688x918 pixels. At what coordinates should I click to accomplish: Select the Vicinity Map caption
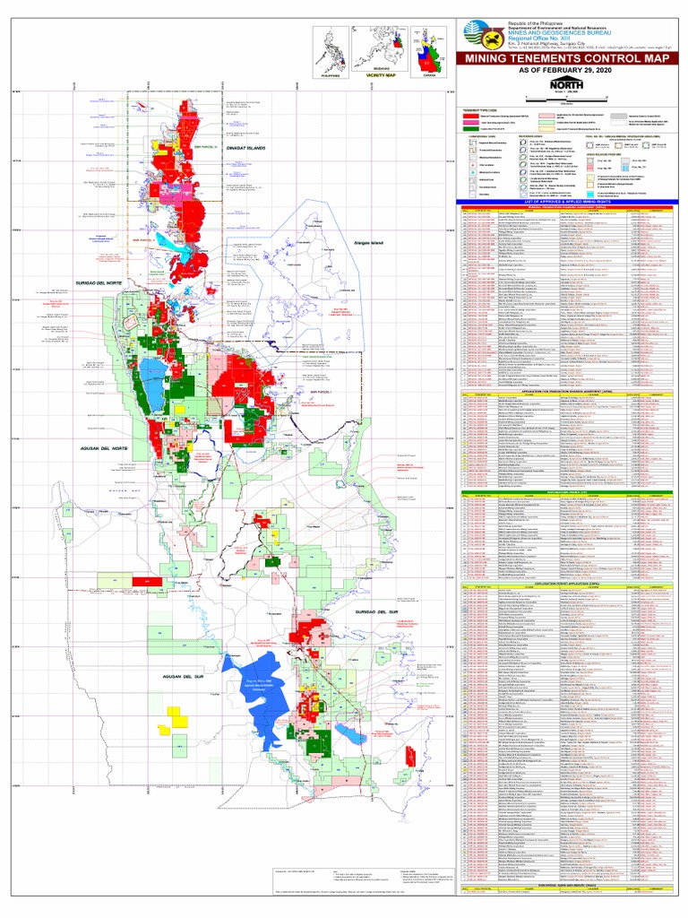368,77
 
